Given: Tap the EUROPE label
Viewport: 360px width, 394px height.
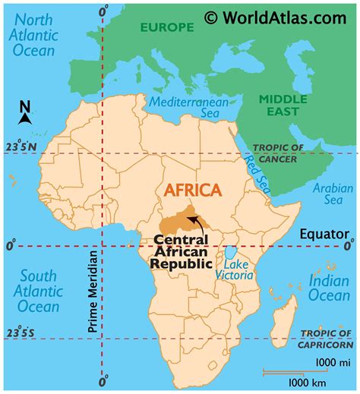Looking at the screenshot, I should click(166, 27).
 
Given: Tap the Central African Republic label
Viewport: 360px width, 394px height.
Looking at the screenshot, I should click(182, 251).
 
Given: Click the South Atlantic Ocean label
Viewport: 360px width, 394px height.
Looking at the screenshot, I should click(39, 291).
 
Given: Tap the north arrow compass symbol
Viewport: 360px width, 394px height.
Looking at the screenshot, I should click(25, 113).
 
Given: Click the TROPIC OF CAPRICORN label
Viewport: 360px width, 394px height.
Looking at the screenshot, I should click(327, 338).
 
